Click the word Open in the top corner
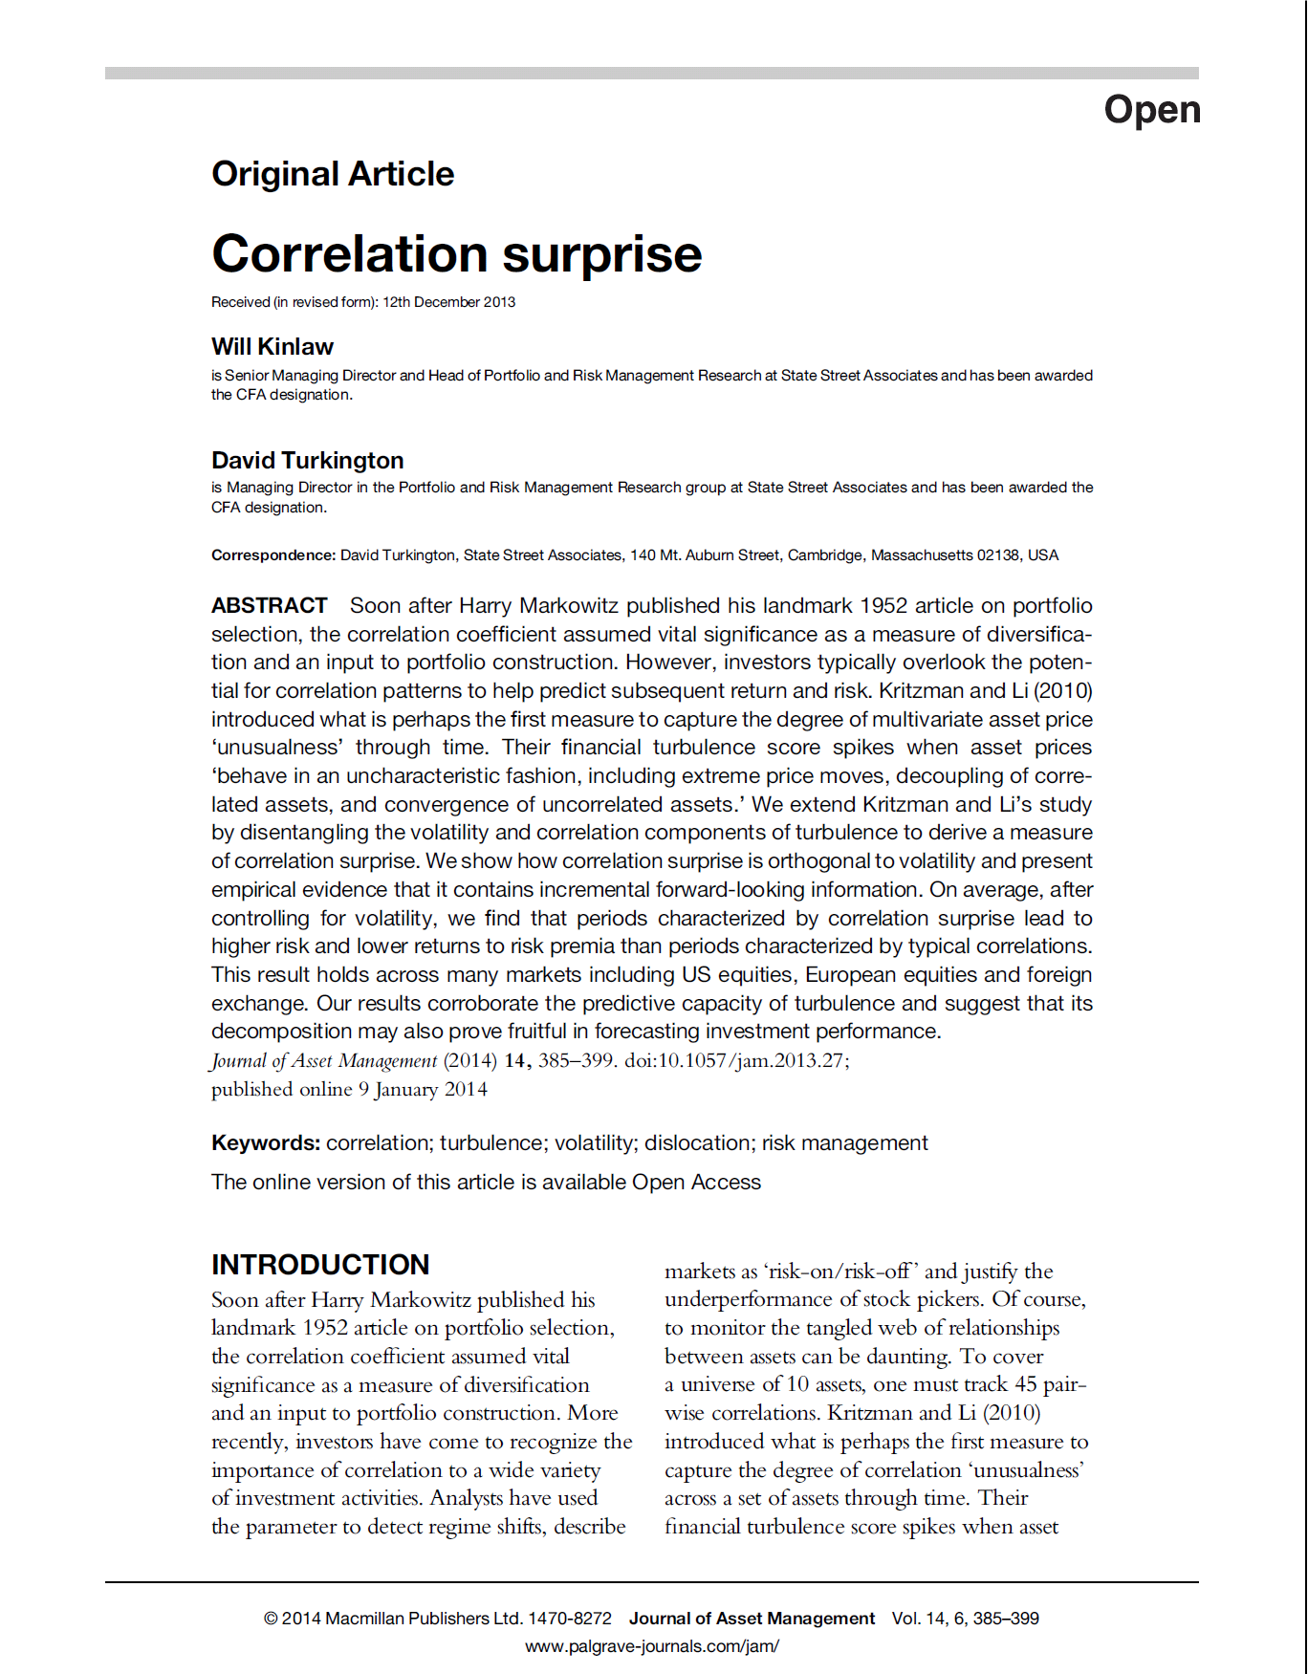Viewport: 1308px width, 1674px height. coord(1152,110)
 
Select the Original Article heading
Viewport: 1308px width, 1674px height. coord(333,174)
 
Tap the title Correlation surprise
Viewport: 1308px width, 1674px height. coord(457,254)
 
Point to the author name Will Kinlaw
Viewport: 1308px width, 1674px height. coord(272,347)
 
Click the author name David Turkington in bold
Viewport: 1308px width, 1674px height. coord(308,461)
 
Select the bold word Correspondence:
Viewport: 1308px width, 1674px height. coord(273,555)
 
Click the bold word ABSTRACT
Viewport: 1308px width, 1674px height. coord(270,606)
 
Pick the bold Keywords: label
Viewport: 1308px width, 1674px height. coord(266,1143)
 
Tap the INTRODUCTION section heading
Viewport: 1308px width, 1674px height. coord(320,1265)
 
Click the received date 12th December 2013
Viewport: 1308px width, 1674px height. coord(449,302)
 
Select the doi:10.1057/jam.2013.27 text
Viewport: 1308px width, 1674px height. coord(736,1061)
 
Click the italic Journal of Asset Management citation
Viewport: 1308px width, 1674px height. coord(324,1061)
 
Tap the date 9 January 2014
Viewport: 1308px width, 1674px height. coord(423,1090)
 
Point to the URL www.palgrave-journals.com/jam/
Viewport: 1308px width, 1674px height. coord(652,1646)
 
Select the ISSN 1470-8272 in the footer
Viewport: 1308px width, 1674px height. coord(570,1619)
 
